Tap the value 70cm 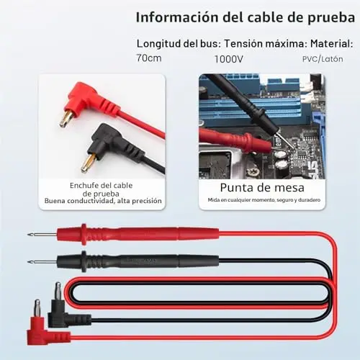[x=149, y=58]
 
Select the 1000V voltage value [x=229, y=59]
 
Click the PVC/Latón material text [x=323, y=59]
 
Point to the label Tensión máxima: [x=266, y=44]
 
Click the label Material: [x=332, y=44]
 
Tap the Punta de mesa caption [x=262, y=188]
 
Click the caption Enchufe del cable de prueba [x=101, y=189]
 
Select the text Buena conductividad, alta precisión [x=103, y=201]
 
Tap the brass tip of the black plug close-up [x=88, y=163]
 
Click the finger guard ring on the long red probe [x=84, y=235]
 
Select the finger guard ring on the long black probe [x=84, y=261]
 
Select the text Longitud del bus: [x=179, y=44]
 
